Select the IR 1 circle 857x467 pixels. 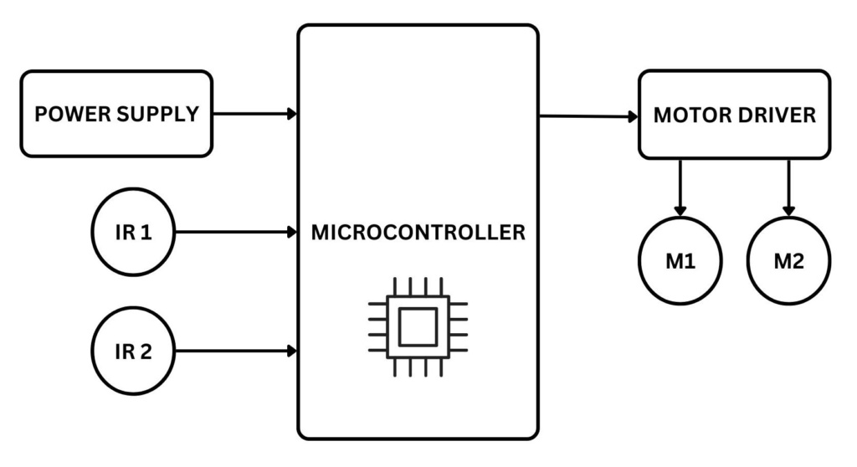pos(133,232)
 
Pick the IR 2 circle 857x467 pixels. pos(133,352)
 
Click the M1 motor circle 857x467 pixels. pos(680,261)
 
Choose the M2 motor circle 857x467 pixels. pos(788,261)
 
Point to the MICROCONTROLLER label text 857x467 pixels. pos(418,233)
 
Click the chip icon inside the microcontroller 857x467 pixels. pos(418,326)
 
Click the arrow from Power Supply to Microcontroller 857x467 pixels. pos(251,114)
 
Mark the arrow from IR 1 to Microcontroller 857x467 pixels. pos(234,232)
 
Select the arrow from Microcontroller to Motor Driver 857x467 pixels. pos(586,116)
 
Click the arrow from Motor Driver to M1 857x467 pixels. pos(680,184)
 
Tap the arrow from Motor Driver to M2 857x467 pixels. pos(788,184)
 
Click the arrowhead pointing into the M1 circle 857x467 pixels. pos(680,209)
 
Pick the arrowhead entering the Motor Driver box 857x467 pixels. pos(633,117)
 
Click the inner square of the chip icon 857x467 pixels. pos(418,326)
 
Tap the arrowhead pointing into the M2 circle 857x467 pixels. pos(788,209)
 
